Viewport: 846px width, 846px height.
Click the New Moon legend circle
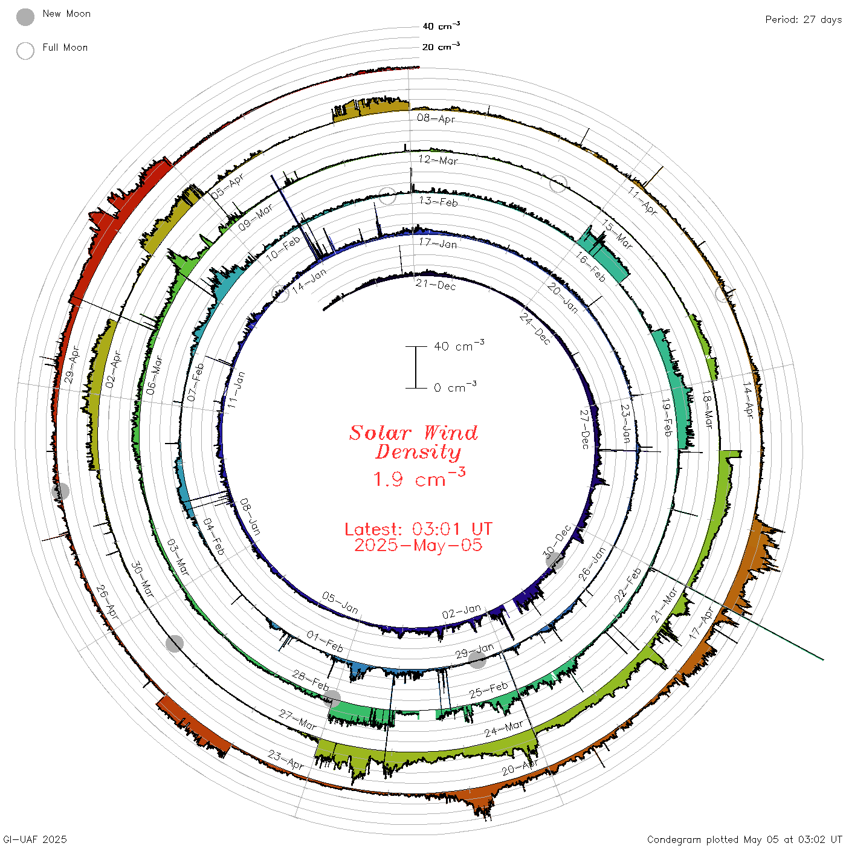[25, 17]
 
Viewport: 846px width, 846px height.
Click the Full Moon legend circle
[25, 51]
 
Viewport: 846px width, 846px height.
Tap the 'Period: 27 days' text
[803, 20]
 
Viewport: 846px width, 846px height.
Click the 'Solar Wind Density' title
[413, 442]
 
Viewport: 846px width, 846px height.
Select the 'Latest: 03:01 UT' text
[418, 529]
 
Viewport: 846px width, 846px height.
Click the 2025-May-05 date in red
[418, 545]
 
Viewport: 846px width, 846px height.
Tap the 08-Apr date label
[436, 118]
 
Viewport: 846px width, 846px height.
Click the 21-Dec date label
[436, 285]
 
